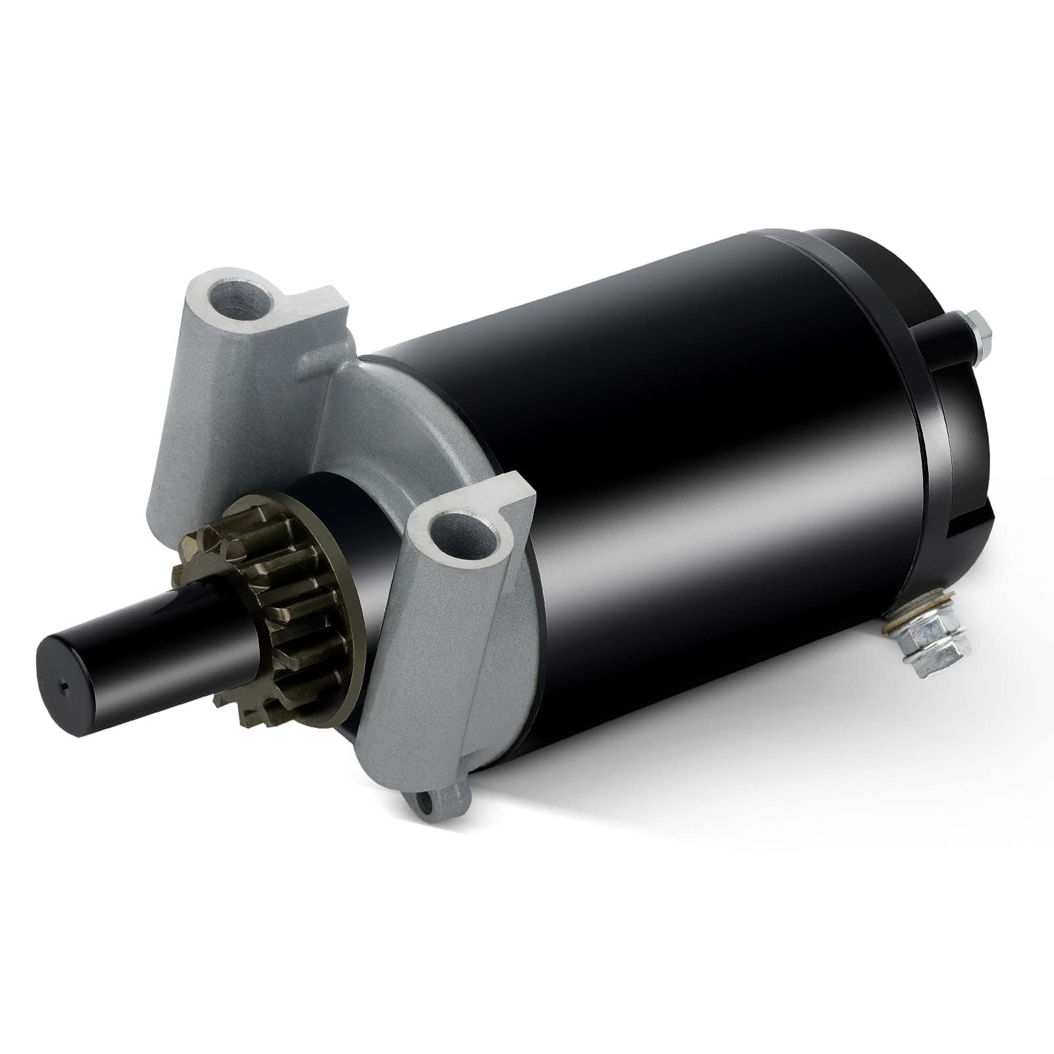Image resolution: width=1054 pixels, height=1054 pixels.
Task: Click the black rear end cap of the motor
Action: coord(942,422)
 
